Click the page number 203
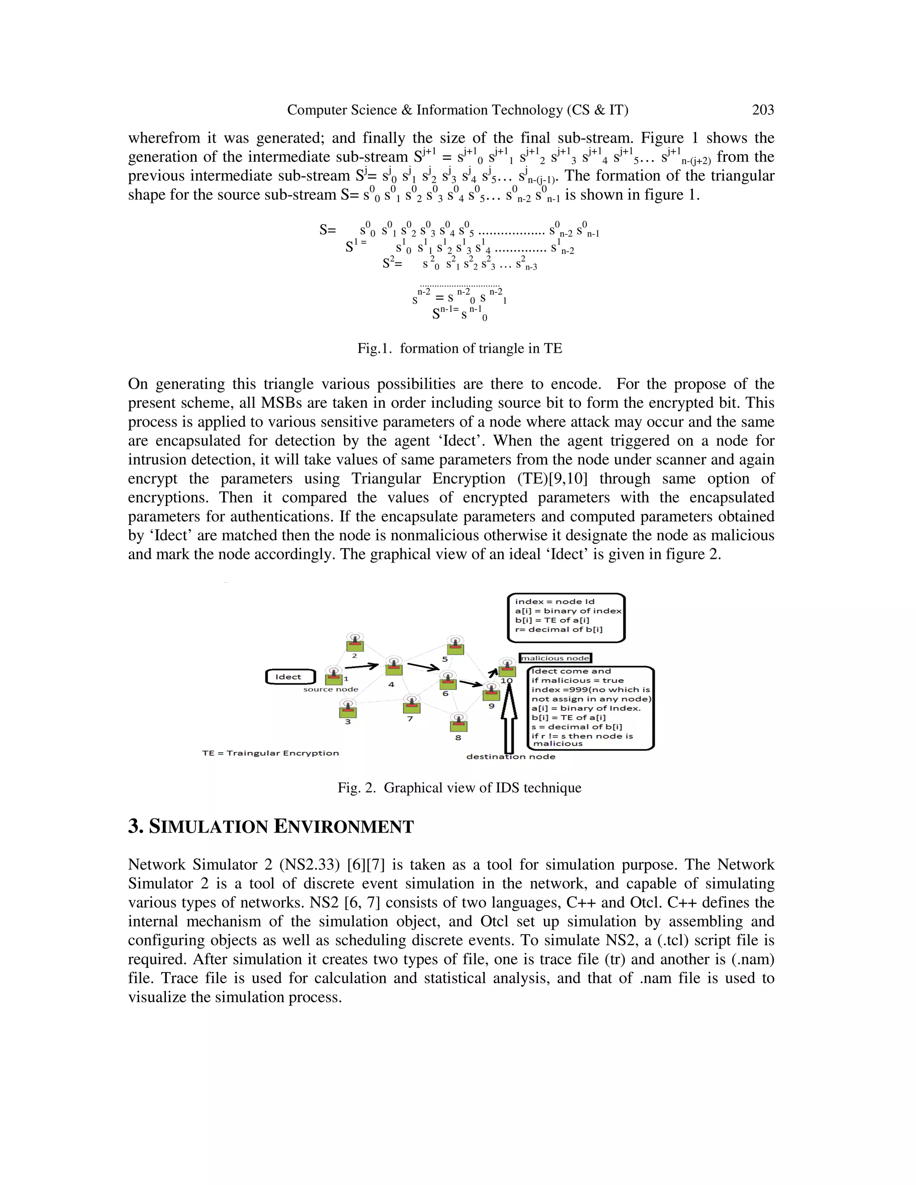pyautogui.click(x=763, y=110)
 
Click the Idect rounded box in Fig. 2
pyautogui.click(x=290, y=677)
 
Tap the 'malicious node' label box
pyautogui.click(x=555, y=658)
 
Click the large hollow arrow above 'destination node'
pyautogui.click(x=509, y=719)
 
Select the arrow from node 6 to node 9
pyautogui.click(x=471, y=683)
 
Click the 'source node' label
pyautogui.click(x=331, y=690)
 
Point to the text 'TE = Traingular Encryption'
pyautogui.click(x=270, y=753)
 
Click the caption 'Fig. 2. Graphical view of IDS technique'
pyautogui.click(x=459, y=788)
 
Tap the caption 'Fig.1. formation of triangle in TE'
pyautogui.click(x=459, y=348)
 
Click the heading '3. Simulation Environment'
pyautogui.click(x=270, y=827)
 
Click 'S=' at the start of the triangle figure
pyautogui.click(x=327, y=230)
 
